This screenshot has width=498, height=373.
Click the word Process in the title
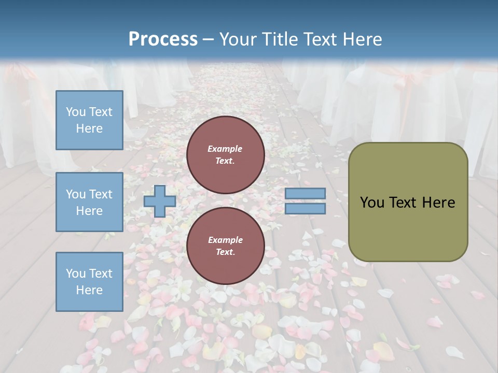click(163, 39)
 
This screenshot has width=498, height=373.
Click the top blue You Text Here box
click(89, 120)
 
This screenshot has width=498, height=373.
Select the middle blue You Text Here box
click(89, 202)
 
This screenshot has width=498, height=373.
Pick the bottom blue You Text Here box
click(89, 281)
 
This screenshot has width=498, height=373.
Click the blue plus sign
click(159, 201)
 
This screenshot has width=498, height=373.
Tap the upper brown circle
click(225, 155)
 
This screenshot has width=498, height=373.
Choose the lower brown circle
click(225, 246)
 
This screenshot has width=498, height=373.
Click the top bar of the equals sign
click(305, 194)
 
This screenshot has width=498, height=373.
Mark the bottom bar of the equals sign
click(305, 208)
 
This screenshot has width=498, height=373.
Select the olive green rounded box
click(408, 202)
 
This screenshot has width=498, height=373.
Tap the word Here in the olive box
click(439, 203)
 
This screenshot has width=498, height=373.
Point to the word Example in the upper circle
click(225, 149)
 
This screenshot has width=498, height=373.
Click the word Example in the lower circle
click(225, 240)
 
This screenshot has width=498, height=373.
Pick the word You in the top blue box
click(75, 112)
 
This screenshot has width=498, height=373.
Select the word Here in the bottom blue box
click(89, 290)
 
